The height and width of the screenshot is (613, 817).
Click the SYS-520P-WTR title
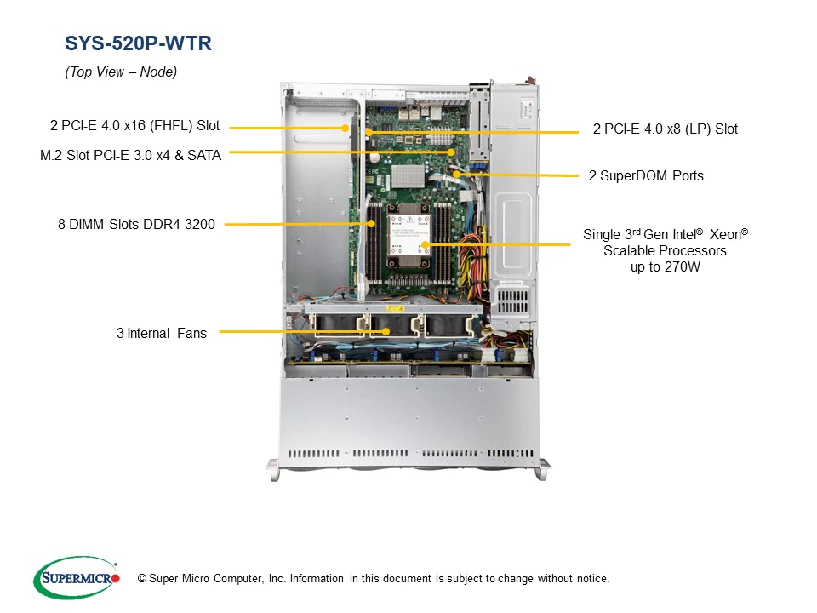click(138, 43)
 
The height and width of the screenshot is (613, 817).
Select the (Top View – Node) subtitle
click(121, 72)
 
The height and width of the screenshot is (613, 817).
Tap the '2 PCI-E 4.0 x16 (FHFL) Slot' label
click(134, 126)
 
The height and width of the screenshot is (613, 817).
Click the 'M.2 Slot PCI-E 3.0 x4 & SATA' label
click(130, 155)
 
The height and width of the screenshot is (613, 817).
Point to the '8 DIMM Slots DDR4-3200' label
click(136, 225)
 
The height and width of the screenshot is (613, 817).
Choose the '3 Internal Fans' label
click(161, 333)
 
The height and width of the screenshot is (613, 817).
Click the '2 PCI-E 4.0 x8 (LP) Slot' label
click(666, 129)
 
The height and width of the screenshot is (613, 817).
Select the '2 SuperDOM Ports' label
click(646, 176)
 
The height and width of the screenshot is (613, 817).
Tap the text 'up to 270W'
click(666, 267)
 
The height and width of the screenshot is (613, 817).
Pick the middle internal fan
click(390, 328)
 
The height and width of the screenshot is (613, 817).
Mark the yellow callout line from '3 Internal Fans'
click(298, 332)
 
